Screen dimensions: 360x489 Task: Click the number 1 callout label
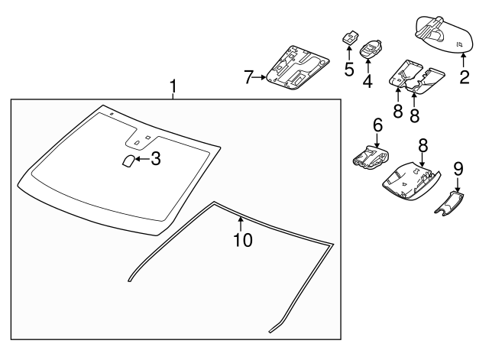173,88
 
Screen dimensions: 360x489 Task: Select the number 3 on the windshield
155,158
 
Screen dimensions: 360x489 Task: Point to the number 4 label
368,79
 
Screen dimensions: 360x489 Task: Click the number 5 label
348,70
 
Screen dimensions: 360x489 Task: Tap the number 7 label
248,77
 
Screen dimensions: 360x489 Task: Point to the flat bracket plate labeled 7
298,65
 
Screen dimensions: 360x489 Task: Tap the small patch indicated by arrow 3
128,160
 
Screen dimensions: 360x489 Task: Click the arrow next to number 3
142,158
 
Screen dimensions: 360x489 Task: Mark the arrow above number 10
241,223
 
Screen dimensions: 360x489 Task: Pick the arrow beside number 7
262,77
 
